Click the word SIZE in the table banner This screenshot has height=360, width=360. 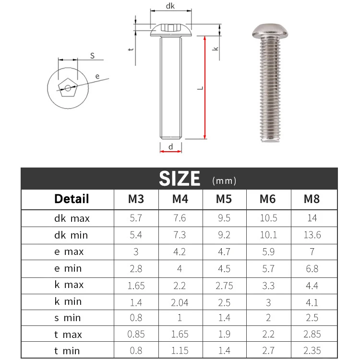click(180, 179)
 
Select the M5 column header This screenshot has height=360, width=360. click(224, 199)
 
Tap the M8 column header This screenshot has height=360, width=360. click(312, 199)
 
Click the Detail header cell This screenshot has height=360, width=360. click(72, 199)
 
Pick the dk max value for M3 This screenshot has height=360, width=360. click(136, 218)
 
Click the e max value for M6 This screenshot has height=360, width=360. click(268, 252)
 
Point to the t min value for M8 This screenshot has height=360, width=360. click(312, 351)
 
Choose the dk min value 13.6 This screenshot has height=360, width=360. click(312, 235)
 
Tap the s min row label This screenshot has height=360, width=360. click(68, 318)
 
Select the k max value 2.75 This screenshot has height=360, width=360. click(224, 285)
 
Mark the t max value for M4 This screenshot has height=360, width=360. click(180, 335)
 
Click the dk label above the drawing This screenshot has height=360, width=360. click(170, 6)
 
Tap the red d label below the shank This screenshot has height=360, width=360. click(170, 147)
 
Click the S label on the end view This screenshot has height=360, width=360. click(93, 57)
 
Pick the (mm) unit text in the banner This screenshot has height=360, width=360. click(224, 181)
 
